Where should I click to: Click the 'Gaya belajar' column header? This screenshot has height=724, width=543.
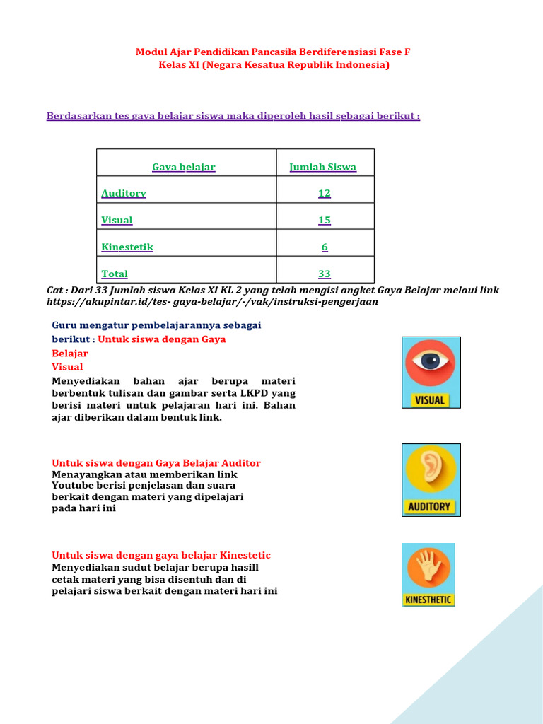(184, 168)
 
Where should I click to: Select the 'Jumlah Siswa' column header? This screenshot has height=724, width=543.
(323, 168)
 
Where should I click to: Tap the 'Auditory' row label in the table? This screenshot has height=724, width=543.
(124, 193)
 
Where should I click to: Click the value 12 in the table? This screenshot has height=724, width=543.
(325, 193)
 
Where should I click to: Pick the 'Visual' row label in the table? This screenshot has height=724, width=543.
(117, 220)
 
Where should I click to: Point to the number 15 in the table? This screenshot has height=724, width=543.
(325, 220)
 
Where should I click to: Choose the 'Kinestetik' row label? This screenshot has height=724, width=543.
(127, 247)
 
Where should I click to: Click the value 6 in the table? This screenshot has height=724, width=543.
(325, 247)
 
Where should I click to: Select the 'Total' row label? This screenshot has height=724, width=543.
(115, 274)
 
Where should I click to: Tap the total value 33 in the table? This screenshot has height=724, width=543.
(325, 274)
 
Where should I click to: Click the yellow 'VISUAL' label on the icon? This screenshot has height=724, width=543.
(430, 400)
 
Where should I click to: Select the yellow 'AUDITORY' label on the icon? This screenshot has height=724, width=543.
(429, 507)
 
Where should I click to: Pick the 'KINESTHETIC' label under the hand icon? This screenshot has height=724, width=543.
(428, 600)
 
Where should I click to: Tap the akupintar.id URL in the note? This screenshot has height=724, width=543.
(212, 301)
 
